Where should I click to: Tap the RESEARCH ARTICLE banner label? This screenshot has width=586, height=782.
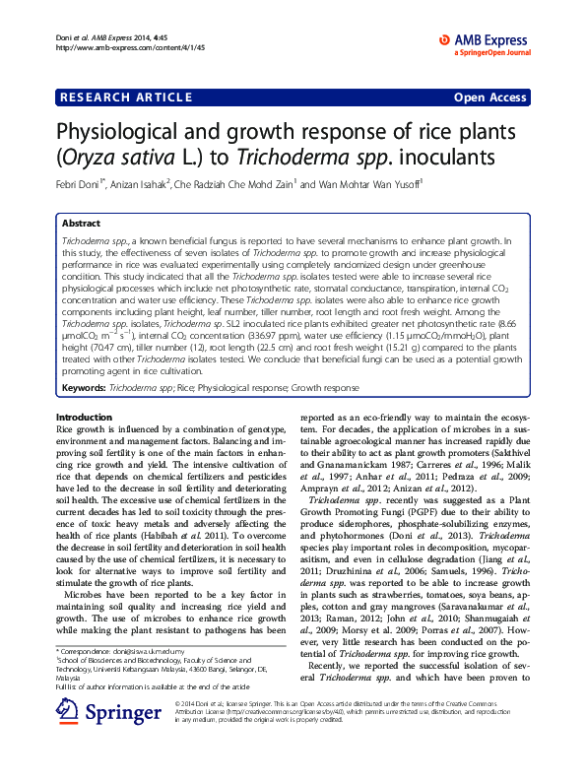pos(127,98)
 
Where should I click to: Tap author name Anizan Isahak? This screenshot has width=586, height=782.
pos(143,184)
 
